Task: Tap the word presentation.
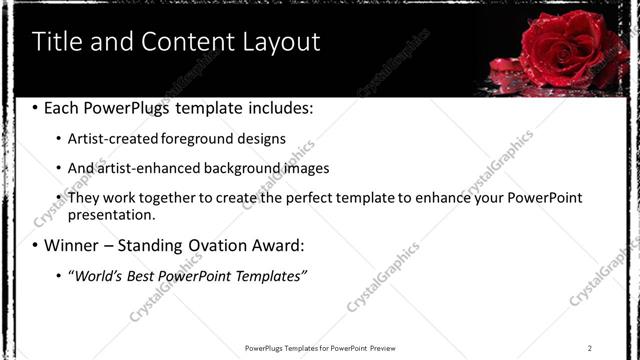click(x=111, y=215)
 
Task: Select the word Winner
click(x=72, y=245)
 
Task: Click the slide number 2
click(x=590, y=347)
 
